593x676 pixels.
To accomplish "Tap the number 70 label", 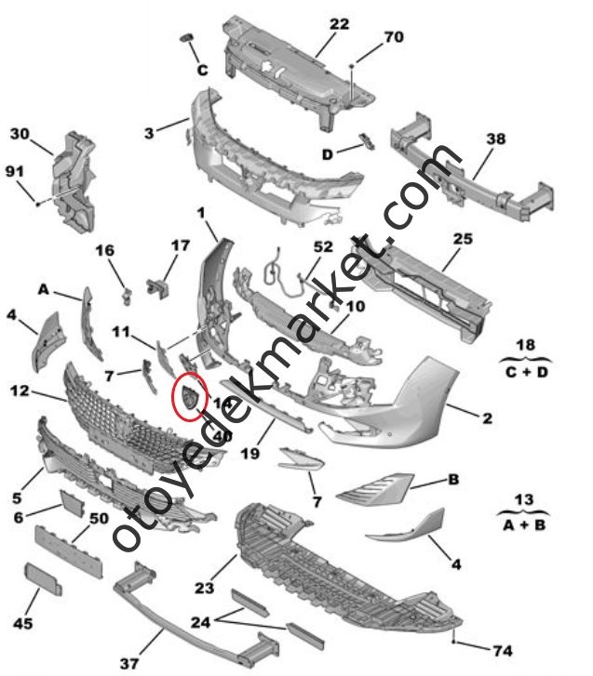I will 394,37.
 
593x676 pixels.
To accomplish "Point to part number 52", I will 323,247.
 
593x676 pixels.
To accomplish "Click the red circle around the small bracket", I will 191,398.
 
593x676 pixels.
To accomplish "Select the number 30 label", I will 20,134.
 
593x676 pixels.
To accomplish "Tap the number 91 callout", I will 15,171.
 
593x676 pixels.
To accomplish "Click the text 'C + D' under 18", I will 526,372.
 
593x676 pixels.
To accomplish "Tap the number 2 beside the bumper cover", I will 488,418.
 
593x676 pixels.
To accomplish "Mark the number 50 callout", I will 100,517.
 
